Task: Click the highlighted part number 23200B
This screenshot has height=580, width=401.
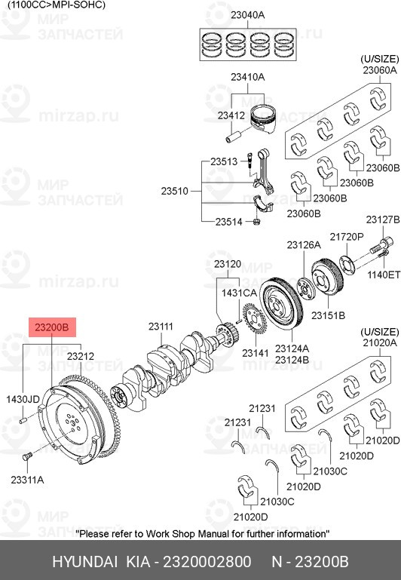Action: [x=52, y=327]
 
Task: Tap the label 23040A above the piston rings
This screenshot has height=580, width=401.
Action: [x=248, y=15]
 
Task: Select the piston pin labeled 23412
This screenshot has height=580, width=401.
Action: [x=234, y=136]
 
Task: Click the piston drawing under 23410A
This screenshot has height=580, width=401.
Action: [x=263, y=119]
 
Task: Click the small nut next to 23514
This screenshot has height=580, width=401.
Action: [x=256, y=222]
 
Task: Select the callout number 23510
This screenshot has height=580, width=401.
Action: [x=174, y=192]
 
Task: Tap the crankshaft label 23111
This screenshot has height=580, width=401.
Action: [x=161, y=327]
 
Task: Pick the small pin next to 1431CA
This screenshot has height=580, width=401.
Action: [x=238, y=321]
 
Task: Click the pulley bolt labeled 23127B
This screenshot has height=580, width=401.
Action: [x=381, y=246]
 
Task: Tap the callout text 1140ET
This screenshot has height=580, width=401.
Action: [x=384, y=275]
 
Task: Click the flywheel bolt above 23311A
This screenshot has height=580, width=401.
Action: [x=27, y=456]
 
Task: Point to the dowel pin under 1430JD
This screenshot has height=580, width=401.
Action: [x=23, y=420]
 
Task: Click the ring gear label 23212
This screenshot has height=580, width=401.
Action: [x=81, y=356]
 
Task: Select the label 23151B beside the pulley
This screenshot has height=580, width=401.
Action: [x=328, y=315]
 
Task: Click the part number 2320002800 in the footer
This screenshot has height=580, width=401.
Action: [x=207, y=561]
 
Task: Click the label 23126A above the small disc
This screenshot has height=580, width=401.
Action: [x=304, y=245]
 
